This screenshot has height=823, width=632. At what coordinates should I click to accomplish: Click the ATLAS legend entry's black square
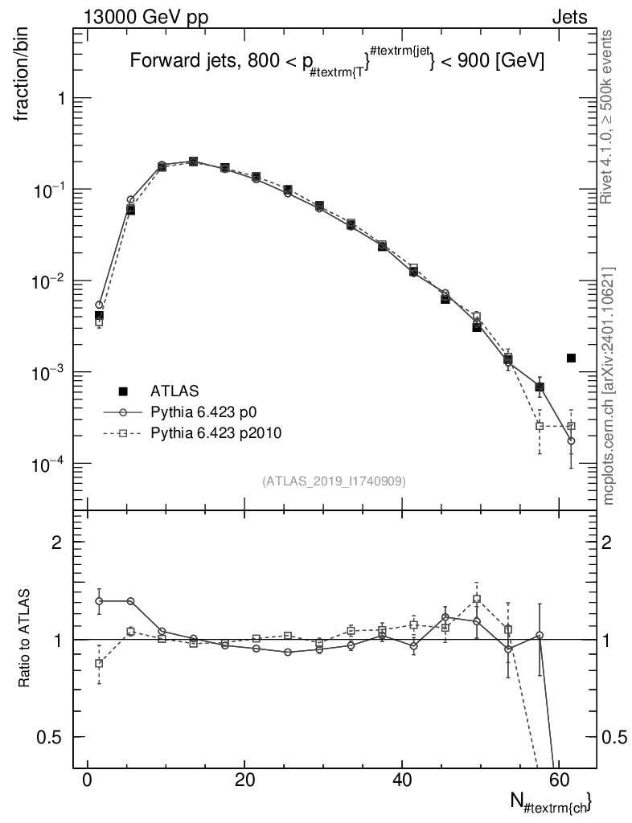[123, 391]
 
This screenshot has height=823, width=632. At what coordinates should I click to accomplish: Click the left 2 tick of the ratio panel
[57, 542]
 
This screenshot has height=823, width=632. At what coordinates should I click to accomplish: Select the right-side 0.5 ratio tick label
[617, 737]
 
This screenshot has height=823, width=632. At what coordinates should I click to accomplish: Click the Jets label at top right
[569, 16]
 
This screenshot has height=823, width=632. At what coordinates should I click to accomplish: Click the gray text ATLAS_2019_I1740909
[334, 481]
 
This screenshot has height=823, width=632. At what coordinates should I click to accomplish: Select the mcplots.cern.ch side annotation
[609, 386]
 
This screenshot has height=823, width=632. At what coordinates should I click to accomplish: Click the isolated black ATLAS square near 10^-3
[571, 358]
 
